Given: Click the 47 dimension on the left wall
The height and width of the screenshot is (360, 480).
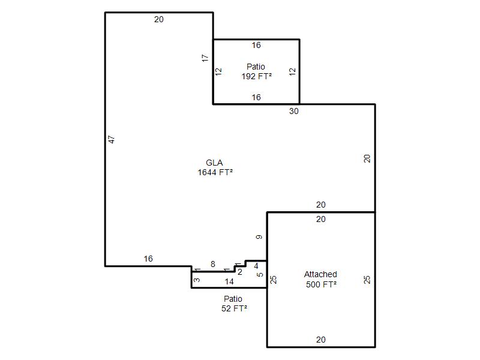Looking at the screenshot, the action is [x=112, y=140].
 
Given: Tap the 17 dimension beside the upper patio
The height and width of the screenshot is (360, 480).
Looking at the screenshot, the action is [x=205, y=58].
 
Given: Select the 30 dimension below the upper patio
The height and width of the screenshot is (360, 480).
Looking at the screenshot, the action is [x=294, y=111].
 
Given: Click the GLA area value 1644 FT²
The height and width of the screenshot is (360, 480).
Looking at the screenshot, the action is [x=215, y=172].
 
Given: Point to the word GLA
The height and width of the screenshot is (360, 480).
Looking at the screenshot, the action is [x=214, y=163].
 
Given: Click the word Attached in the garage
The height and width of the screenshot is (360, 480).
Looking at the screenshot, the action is [x=320, y=274].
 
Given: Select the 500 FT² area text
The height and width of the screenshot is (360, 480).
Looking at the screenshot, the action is [x=321, y=284].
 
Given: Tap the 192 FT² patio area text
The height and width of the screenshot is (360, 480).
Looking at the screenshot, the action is [x=257, y=76].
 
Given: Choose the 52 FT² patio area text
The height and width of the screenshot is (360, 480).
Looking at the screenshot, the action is [x=234, y=308].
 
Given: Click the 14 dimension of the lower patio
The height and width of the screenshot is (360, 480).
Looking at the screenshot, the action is [x=229, y=281].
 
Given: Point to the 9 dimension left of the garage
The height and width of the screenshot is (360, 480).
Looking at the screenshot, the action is [x=259, y=237].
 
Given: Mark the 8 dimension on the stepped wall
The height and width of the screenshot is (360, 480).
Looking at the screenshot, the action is [x=213, y=264].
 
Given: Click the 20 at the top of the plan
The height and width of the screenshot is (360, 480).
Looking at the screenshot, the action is [x=159, y=19].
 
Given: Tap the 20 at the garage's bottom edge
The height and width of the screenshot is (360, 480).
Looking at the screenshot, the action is [x=321, y=340].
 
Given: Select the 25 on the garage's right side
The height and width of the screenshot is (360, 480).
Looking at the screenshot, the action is [x=367, y=280].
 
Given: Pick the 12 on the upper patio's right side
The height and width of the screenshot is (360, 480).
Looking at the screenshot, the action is [x=292, y=72].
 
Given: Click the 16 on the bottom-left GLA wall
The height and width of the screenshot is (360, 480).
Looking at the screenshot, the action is [x=148, y=259].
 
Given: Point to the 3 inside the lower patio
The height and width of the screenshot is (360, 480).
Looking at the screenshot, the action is [x=197, y=280].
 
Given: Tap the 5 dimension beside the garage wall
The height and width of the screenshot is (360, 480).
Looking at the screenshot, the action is [x=260, y=275].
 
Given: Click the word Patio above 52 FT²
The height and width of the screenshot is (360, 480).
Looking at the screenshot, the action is [x=233, y=299].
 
